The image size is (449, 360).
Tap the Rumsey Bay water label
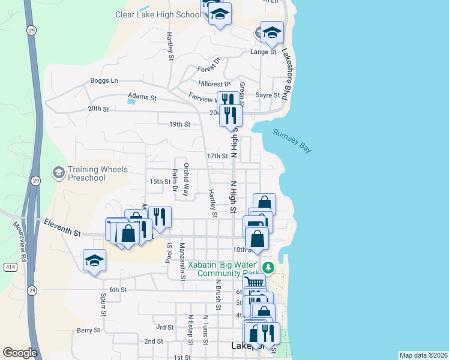tap(292, 141)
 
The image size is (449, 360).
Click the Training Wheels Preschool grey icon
tap(58, 173)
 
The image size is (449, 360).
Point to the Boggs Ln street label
tap(104, 80)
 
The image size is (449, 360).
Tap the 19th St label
tap(179, 125)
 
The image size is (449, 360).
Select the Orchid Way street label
tap(186, 180)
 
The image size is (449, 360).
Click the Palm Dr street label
tap(175, 180)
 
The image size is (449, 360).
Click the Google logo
tap(20, 353)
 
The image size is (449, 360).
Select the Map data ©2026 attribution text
tap(423, 355)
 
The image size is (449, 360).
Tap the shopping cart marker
tap(255, 282)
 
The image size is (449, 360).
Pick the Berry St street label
tap(88, 330)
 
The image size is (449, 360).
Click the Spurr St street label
tap(104, 305)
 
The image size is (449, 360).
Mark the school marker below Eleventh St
tap(95, 261)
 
